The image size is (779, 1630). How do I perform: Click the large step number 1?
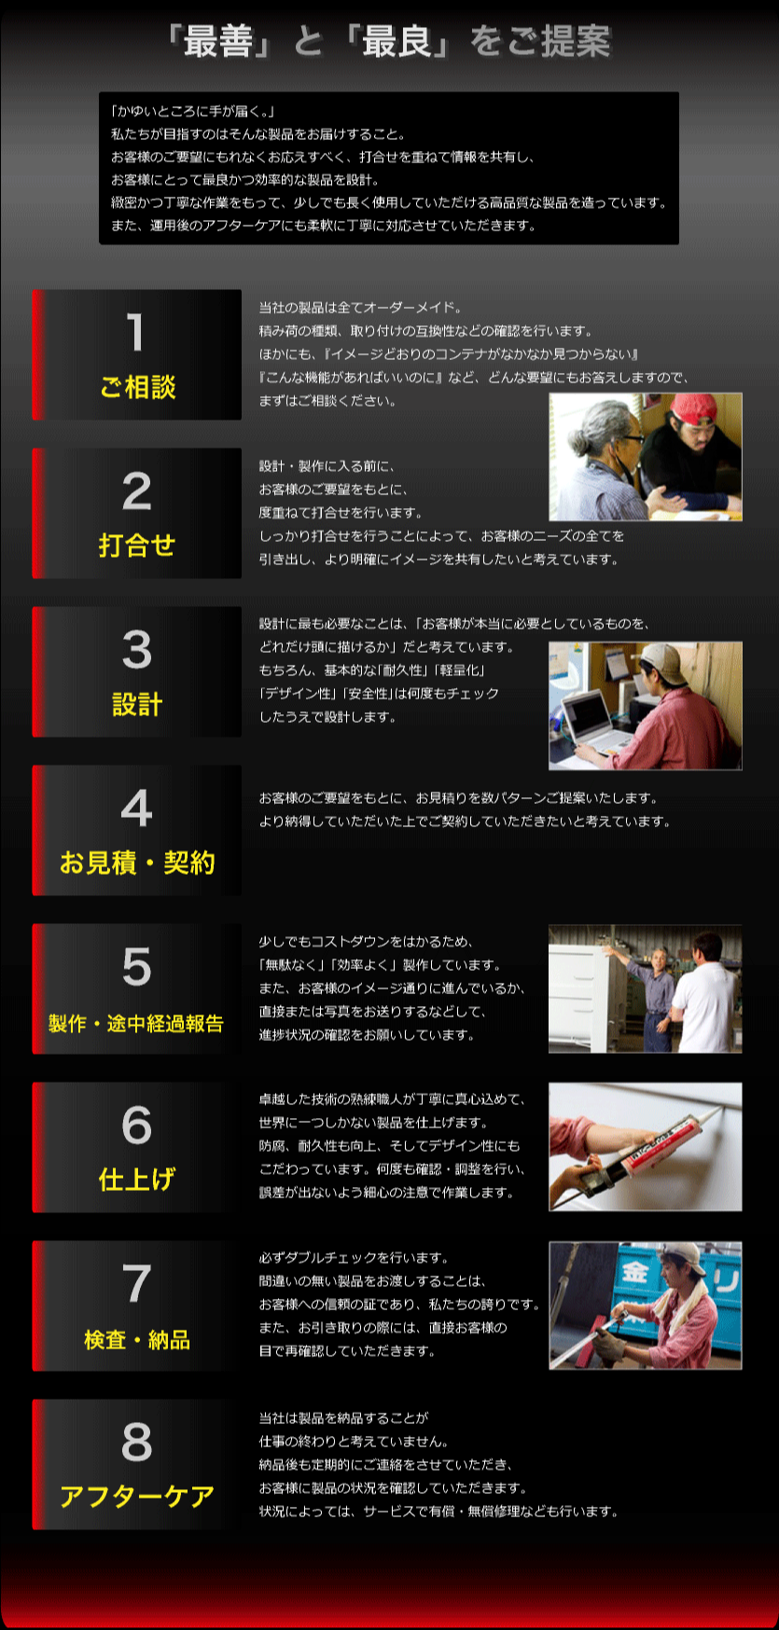136,332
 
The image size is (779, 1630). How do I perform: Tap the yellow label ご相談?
137,387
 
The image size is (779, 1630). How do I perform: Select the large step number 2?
136,490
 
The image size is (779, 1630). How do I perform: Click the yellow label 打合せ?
137,546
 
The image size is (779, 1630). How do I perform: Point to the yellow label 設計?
137,704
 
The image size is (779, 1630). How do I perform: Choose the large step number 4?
136,808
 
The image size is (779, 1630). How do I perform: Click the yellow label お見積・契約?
137,863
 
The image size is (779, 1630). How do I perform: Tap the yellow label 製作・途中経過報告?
136,1023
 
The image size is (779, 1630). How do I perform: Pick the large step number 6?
136,1125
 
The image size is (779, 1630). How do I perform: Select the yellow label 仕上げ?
137,1180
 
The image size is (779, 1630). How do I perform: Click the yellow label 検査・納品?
137,1340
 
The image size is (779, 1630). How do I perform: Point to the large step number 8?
136,1442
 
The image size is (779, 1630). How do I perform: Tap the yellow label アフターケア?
137,1497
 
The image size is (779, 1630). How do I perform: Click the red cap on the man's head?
691,407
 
